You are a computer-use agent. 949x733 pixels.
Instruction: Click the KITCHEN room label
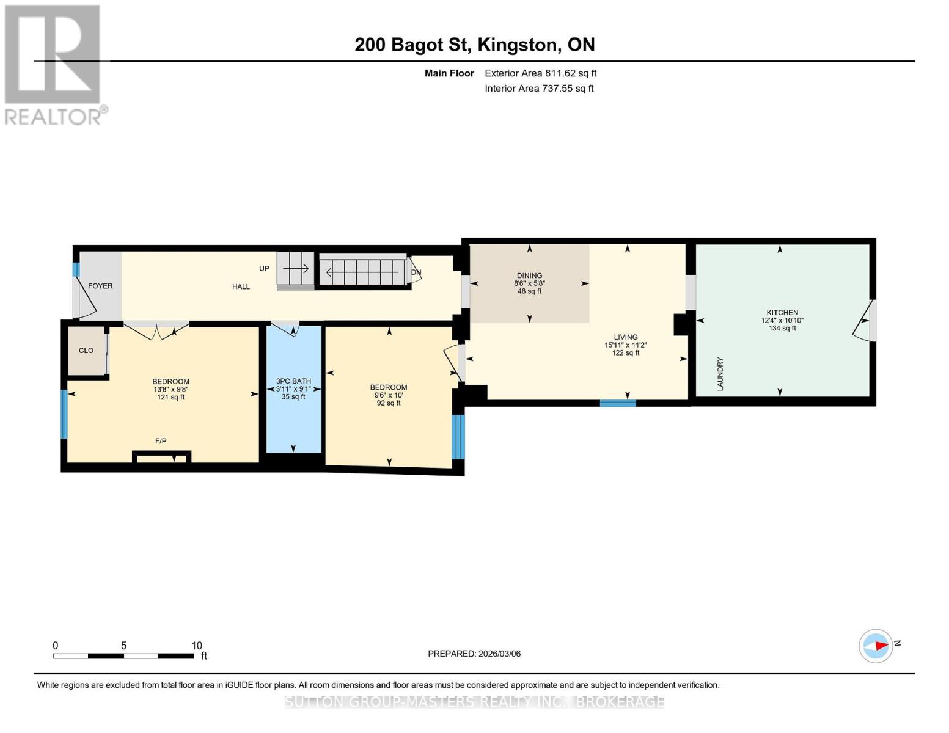(x=782, y=312)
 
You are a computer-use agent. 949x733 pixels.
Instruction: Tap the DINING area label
(x=529, y=275)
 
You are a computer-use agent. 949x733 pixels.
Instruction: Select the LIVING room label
(x=626, y=337)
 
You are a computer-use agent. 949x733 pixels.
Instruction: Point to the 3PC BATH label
(x=293, y=381)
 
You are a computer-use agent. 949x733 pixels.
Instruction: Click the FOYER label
(x=100, y=286)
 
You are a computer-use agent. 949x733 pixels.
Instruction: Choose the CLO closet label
(x=86, y=351)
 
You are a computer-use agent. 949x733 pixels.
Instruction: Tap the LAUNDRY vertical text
(x=720, y=374)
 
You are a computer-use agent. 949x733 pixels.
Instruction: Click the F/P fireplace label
(x=161, y=441)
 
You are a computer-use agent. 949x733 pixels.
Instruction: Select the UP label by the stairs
(x=264, y=269)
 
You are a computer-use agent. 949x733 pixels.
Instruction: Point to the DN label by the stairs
(x=416, y=272)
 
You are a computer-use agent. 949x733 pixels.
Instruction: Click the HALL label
(x=241, y=286)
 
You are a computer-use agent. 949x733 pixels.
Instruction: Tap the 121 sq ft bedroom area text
(x=171, y=397)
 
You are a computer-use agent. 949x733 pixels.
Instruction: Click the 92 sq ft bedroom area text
(x=389, y=403)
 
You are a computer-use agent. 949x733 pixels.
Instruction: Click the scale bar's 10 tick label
(x=196, y=646)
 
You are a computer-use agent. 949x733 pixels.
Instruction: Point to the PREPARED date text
(x=474, y=654)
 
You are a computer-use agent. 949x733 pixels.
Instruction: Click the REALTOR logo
(x=54, y=64)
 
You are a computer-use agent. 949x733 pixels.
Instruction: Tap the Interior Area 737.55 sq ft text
(x=539, y=89)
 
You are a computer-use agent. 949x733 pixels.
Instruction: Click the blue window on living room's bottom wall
(x=618, y=403)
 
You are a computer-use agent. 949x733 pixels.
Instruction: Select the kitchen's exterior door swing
(x=862, y=321)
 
